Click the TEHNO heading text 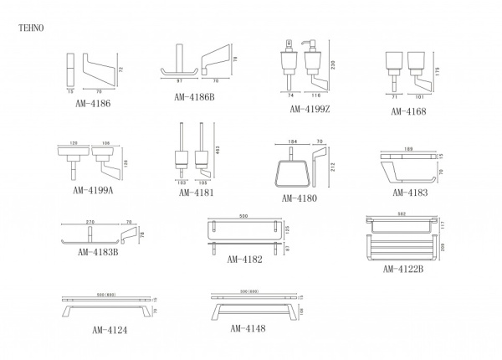pyautogui.click(x=30, y=28)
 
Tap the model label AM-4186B pyautogui.click(x=195, y=96)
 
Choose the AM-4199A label pyautogui.click(x=94, y=190)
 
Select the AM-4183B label pyautogui.click(x=97, y=251)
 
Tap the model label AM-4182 pyautogui.click(x=244, y=260)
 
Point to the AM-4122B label pyautogui.click(x=403, y=269)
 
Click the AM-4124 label pyautogui.click(x=110, y=330)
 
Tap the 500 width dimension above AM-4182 pyautogui.click(x=243, y=216)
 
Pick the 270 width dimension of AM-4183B pyautogui.click(x=90, y=223)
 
